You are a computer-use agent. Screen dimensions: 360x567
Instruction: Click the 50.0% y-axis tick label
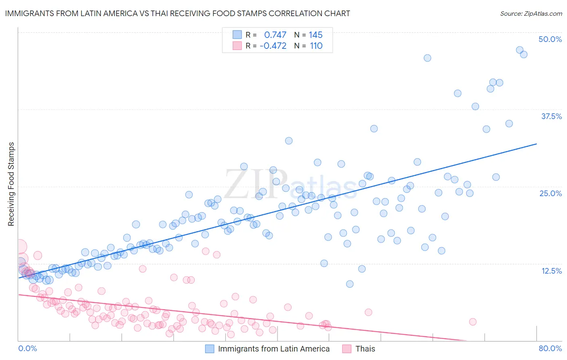(550, 39)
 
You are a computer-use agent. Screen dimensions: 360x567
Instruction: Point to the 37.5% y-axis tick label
(551, 116)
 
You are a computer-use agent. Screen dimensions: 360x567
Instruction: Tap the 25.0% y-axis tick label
(550, 193)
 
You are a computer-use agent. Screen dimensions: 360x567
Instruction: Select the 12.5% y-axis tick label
(551, 270)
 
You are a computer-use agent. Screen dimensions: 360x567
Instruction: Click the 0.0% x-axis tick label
(27, 348)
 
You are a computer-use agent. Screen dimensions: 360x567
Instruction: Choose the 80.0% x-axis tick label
(550, 348)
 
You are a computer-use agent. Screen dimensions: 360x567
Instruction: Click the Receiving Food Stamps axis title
(11, 184)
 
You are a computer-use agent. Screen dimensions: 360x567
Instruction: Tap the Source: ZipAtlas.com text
(531, 13)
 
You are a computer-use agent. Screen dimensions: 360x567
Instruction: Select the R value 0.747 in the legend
(275, 35)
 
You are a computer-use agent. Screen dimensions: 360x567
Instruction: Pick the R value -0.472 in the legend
(273, 46)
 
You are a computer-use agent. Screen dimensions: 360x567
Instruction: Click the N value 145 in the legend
(315, 35)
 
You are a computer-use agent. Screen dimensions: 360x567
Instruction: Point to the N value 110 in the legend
(316, 46)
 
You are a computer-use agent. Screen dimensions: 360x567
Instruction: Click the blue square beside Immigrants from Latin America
(210, 349)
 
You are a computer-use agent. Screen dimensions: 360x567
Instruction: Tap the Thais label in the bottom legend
(365, 349)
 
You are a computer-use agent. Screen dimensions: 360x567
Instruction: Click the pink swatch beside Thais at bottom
(347, 349)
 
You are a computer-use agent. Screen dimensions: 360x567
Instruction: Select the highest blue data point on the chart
(520, 50)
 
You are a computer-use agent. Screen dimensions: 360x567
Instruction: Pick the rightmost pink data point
(473, 322)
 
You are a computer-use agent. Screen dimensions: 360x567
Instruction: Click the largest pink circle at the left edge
(20, 247)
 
